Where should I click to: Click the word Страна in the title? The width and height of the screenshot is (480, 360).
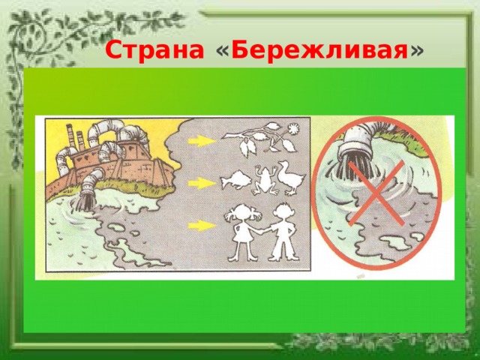point(154,50)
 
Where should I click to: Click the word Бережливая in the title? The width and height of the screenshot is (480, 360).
point(319,50)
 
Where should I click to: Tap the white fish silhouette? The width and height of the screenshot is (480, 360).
point(235,180)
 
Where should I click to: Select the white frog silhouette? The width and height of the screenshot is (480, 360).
point(265,180)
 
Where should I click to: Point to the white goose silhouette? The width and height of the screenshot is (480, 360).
point(291,178)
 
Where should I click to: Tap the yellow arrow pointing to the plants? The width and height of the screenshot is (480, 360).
point(202,141)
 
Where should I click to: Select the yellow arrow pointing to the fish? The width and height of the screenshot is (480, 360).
point(202,183)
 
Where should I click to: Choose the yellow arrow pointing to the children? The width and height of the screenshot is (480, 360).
point(202,226)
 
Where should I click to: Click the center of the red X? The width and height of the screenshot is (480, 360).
point(376,193)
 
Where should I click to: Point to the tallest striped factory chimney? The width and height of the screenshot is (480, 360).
point(70,136)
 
